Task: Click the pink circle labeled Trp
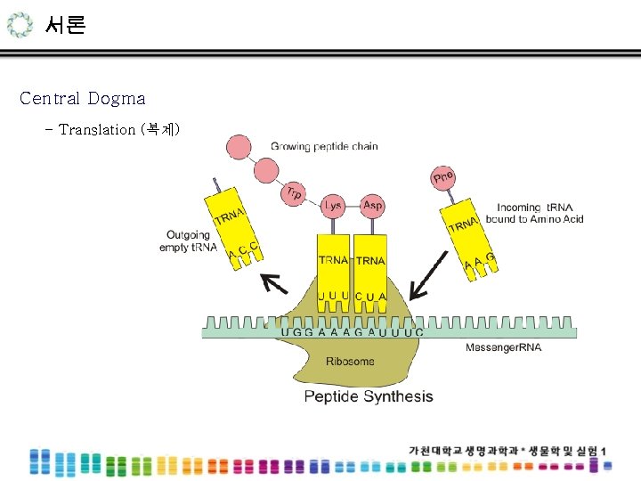(293, 192)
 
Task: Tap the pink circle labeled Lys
(333, 206)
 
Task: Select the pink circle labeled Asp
(373, 206)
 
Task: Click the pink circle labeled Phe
(442, 179)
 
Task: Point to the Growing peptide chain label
(324, 146)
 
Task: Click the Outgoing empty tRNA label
(187, 241)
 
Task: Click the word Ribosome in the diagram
(350, 362)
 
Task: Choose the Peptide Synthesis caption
(369, 396)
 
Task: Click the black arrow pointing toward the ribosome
(428, 273)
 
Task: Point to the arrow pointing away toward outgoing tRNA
(273, 284)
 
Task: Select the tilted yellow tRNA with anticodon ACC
(235, 227)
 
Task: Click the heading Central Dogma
(82, 98)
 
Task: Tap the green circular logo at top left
(18, 25)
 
